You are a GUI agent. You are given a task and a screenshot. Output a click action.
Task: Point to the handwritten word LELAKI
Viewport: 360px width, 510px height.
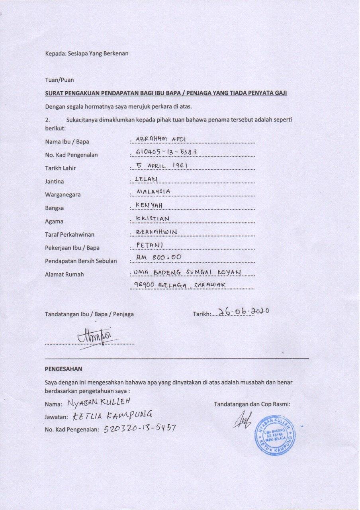pos(147,179)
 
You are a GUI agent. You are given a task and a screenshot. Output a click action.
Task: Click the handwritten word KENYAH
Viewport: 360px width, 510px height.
pos(149,205)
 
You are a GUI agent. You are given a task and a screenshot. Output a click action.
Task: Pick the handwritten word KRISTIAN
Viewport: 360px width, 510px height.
pos(153,218)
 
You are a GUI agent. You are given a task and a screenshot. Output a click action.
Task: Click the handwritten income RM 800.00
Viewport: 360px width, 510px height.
pos(158,257)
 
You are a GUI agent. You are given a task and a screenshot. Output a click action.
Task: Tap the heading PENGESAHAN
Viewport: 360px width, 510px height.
pos(63,369)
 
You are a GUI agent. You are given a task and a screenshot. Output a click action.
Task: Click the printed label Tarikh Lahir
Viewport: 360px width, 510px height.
pos(61,168)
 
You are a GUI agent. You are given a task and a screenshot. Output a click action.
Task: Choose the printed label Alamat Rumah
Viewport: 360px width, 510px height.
pos(64,274)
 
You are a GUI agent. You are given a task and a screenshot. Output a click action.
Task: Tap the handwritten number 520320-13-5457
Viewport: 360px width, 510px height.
pos(140,428)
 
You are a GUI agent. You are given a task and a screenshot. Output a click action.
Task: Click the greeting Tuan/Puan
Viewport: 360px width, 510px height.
pos(59,80)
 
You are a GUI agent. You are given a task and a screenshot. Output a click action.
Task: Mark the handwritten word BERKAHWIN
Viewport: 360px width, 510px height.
pos(157,231)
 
